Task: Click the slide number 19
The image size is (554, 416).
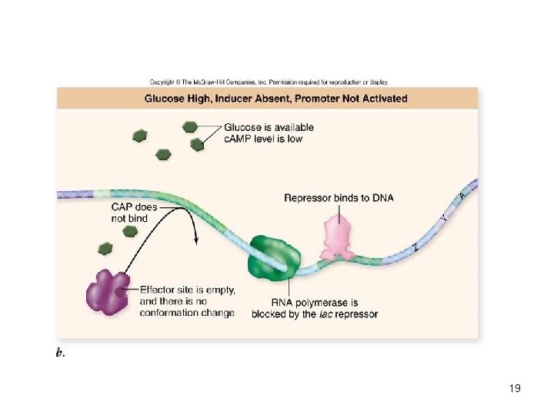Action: click(515, 388)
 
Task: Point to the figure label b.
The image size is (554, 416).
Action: click(59, 352)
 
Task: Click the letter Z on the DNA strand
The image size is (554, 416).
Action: click(416, 247)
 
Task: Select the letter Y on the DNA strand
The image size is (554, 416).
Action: click(443, 219)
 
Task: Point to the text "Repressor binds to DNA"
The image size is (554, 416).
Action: click(339, 198)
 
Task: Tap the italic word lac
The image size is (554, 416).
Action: click(326, 314)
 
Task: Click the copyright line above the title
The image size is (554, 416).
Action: click(269, 81)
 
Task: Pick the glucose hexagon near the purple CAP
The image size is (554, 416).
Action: click(105, 248)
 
